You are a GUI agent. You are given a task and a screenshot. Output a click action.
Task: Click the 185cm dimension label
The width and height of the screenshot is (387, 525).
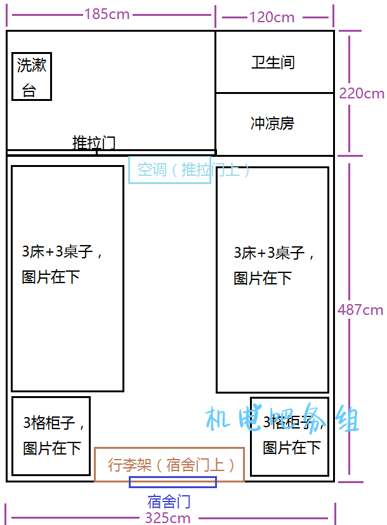click(x=107, y=14)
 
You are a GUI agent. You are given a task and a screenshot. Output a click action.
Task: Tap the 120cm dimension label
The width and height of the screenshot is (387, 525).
click(x=272, y=17)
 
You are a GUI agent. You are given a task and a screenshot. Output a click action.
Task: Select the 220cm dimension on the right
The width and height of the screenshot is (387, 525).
click(x=362, y=93)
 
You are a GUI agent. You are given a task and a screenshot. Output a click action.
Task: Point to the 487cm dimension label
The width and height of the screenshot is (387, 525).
click(x=360, y=310)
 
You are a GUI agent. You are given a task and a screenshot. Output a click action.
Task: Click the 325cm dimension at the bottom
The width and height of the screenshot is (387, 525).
click(x=168, y=517)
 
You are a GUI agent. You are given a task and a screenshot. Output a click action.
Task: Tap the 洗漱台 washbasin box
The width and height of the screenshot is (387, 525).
click(x=32, y=77)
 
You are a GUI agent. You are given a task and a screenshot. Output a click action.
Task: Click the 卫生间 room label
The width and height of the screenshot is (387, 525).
click(x=273, y=63)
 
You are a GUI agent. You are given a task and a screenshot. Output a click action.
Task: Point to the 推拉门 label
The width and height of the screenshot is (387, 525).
click(x=94, y=142)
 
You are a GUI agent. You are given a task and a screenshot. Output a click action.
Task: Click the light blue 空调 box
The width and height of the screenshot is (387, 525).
click(x=169, y=169)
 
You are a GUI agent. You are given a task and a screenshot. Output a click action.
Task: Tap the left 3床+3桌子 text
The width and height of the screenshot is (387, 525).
click(x=62, y=251)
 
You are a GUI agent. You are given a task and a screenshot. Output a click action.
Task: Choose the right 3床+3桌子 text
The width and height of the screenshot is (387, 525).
click(x=274, y=253)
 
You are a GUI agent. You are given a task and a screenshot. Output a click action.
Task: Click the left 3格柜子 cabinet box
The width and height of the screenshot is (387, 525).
click(x=51, y=436)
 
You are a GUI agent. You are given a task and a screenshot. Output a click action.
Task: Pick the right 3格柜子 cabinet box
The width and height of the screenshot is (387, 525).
click(x=290, y=436)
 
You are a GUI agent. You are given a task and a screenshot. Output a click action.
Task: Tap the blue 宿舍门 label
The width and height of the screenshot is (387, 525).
click(x=169, y=501)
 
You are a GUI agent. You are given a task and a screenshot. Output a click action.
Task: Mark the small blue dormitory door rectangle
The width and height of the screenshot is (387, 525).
click(x=173, y=482)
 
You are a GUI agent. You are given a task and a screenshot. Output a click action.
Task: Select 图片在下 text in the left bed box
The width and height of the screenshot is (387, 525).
click(x=51, y=277)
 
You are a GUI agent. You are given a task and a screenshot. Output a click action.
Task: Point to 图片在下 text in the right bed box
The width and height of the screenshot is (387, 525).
click(x=263, y=278)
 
